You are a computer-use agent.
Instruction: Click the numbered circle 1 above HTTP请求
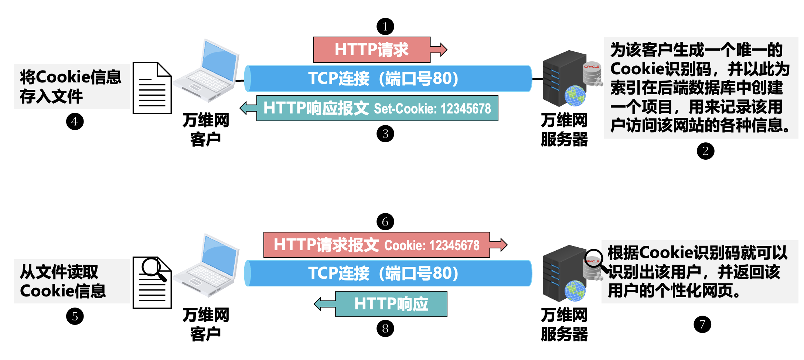385,27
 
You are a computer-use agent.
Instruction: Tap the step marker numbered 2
705,151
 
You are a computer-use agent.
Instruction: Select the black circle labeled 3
385,134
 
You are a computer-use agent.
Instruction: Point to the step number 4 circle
75,122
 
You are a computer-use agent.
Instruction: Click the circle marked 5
75,316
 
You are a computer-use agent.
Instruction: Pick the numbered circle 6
385,222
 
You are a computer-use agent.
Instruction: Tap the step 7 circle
702,325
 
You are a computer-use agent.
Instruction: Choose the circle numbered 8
385,329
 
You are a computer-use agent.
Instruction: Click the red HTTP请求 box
372,50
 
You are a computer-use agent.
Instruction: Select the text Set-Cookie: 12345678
432,109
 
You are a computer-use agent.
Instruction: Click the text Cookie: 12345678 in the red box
432,245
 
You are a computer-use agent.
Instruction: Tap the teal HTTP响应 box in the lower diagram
391,304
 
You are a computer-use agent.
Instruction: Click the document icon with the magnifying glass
152,283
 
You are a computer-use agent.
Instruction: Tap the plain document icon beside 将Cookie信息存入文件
152,88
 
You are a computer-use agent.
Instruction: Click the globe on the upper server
575,95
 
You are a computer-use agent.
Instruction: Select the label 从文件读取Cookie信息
63,281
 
